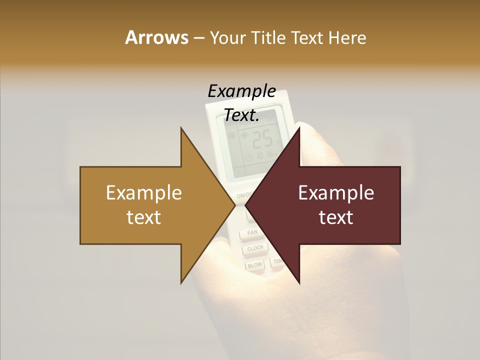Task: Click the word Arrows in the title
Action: point(156,37)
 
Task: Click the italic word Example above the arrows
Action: point(241,91)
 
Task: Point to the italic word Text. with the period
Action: point(241,115)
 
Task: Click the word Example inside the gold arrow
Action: point(144,192)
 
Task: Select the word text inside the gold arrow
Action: point(144,217)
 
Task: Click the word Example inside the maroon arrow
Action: point(336,192)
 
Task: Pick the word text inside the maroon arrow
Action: point(336,217)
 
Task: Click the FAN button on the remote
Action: point(252,233)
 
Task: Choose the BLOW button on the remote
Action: point(254,265)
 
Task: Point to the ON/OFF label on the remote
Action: point(243,195)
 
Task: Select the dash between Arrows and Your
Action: point(198,38)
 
